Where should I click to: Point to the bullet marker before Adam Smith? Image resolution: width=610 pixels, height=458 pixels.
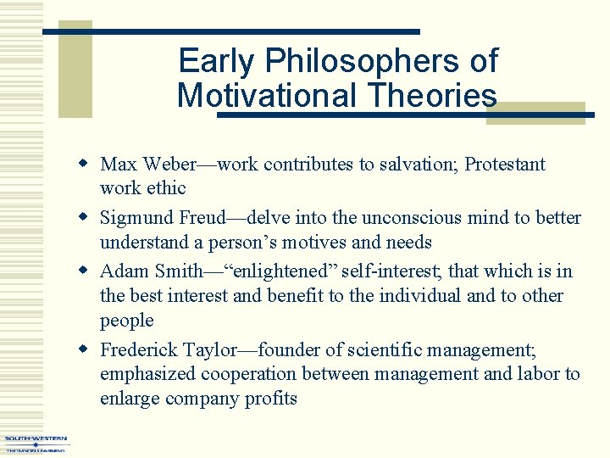coord(84,271)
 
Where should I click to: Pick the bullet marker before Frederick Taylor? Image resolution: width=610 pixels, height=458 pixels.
coord(84,349)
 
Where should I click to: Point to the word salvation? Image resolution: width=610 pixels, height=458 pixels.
coord(412,164)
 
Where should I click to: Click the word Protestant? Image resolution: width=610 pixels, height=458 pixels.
coord(505,164)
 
